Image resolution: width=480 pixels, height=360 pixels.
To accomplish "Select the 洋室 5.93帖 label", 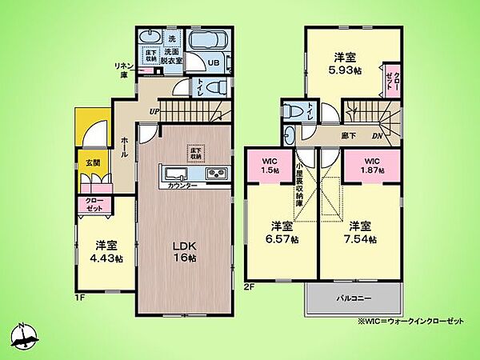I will click(346, 62).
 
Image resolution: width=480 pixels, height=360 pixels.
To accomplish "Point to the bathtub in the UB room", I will click(210, 40).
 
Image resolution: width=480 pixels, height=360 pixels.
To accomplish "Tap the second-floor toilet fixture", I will click(296, 113).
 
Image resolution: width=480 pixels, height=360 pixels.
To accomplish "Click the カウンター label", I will click(184, 186).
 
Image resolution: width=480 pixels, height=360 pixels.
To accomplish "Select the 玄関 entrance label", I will click(90, 162).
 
